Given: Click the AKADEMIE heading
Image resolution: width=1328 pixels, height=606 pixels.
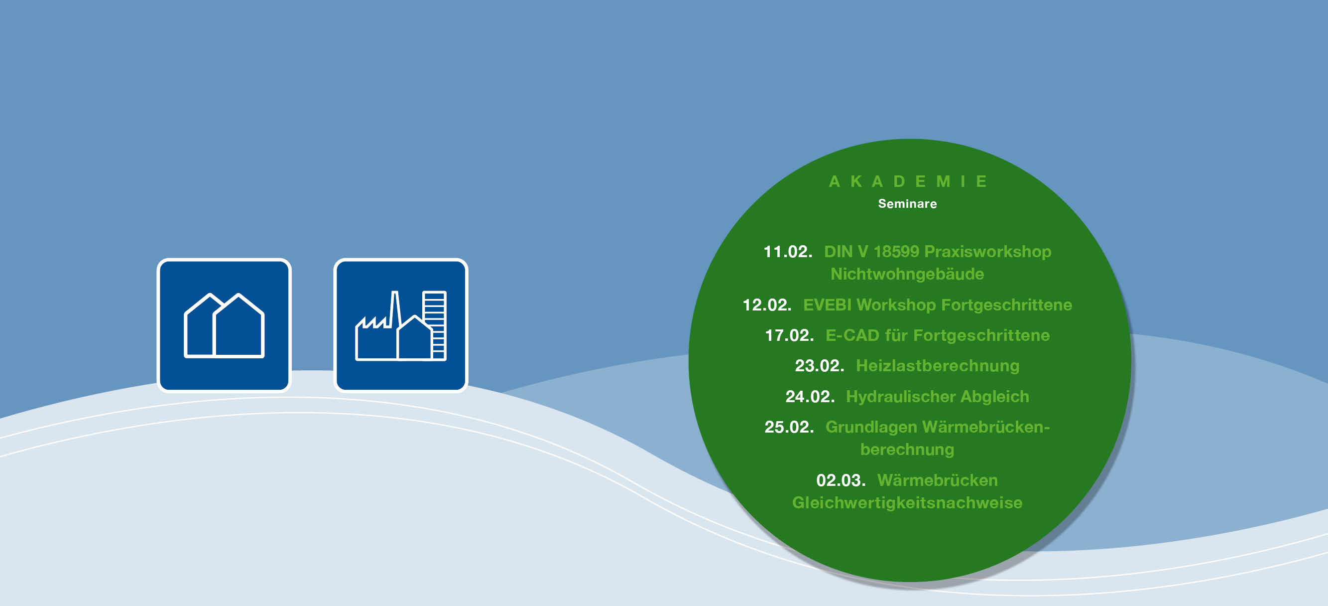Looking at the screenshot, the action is click(x=907, y=181).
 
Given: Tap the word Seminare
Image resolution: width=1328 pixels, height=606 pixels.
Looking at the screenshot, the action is click(x=907, y=204).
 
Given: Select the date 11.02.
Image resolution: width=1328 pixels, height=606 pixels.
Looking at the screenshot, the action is click(x=787, y=252).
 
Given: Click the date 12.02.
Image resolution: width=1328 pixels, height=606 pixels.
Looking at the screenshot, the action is click(x=767, y=305).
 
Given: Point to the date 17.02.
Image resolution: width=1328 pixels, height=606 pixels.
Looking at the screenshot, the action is click(x=789, y=335).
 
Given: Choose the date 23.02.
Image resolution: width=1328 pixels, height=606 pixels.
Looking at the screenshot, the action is click(x=820, y=366).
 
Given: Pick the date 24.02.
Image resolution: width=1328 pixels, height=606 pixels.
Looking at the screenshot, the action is click(x=810, y=397).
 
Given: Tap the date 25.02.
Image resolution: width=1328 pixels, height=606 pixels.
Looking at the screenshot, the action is click(x=789, y=427).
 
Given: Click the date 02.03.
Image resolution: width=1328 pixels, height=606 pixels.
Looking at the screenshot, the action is click(x=841, y=480).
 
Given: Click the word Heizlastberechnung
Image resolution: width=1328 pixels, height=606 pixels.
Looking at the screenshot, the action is click(x=938, y=366).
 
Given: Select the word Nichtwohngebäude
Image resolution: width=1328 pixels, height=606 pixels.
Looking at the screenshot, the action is click(x=907, y=274).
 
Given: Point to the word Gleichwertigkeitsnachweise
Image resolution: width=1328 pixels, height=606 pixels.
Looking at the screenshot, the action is click(x=907, y=503).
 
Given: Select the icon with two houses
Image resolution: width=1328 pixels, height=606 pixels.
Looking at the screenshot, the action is click(x=224, y=325).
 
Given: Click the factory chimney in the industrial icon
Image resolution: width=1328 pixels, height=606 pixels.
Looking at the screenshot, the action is click(x=395, y=309).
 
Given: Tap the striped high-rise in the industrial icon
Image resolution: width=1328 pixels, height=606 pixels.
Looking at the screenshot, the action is click(x=434, y=325).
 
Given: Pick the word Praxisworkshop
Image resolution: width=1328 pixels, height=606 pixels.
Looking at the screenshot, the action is click(x=988, y=252).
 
